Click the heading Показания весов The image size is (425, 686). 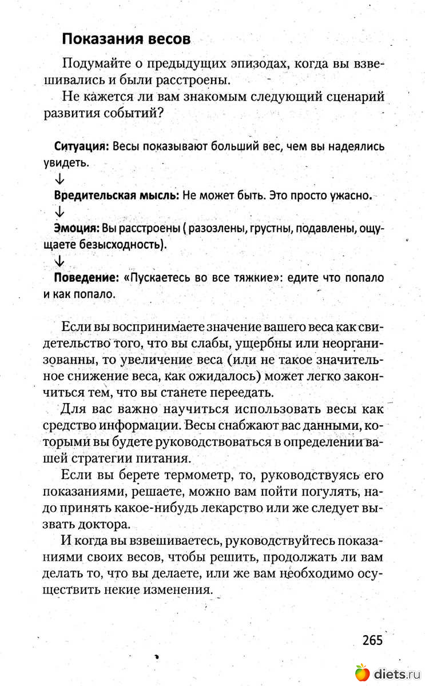pos(126,39)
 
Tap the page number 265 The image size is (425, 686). pos(372,639)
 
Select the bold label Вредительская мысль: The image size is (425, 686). pos(117,195)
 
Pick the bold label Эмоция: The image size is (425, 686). pos(77,229)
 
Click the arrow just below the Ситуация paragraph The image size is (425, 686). pos(59,179)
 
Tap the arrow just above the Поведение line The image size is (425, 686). pos(59,261)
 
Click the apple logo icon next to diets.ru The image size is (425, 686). pos(362,672)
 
